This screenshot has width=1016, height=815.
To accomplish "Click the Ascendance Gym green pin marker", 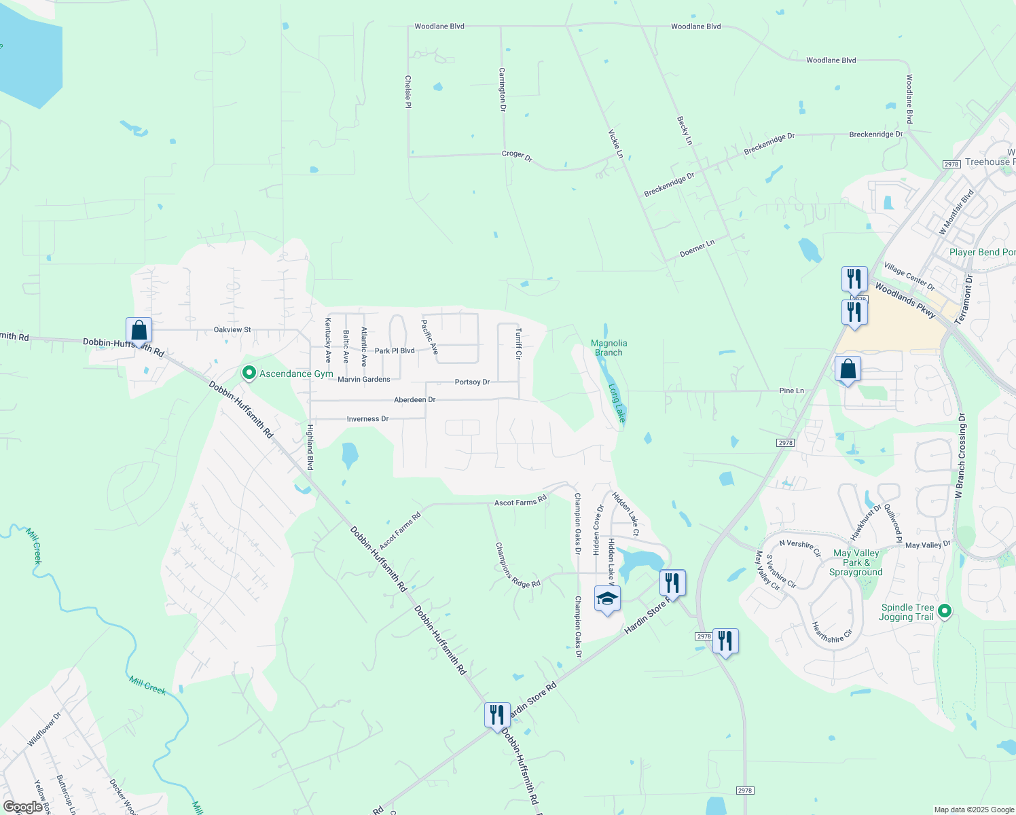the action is coord(249,373).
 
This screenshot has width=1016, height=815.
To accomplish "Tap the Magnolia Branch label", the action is coord(609,348).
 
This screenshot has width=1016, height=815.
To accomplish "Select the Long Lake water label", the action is coord(616,403).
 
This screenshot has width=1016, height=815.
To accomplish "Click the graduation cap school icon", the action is coord(607,598).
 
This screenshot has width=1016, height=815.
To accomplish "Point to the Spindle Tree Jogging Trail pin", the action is coord(944,612).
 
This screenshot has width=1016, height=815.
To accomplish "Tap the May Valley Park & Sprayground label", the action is coord(856,563).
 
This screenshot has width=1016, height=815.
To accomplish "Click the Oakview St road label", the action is coord(232,330).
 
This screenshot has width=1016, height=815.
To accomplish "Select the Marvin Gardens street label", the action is coord(364,380).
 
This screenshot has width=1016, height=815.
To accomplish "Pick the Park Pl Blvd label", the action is coord(395,351).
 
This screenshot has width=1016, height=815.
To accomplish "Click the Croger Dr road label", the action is coord(518,156).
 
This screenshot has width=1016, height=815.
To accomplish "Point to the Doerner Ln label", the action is coord(697,249).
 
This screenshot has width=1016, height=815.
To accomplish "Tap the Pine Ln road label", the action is coord(791,391).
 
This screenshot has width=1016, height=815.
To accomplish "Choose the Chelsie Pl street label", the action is coord(408,92).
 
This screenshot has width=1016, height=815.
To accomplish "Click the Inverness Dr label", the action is coord(367,419).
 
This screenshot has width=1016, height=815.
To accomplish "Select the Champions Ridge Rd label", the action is coord(518,565).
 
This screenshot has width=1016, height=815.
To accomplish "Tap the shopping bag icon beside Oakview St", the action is coord(139,331).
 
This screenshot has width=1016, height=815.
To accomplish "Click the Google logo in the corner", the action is coord(23,807).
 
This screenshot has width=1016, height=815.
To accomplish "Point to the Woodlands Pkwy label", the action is coord(905,300).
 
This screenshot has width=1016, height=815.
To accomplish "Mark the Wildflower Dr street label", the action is coord(44,729).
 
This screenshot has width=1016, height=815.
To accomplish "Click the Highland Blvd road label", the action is coord(310,448).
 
